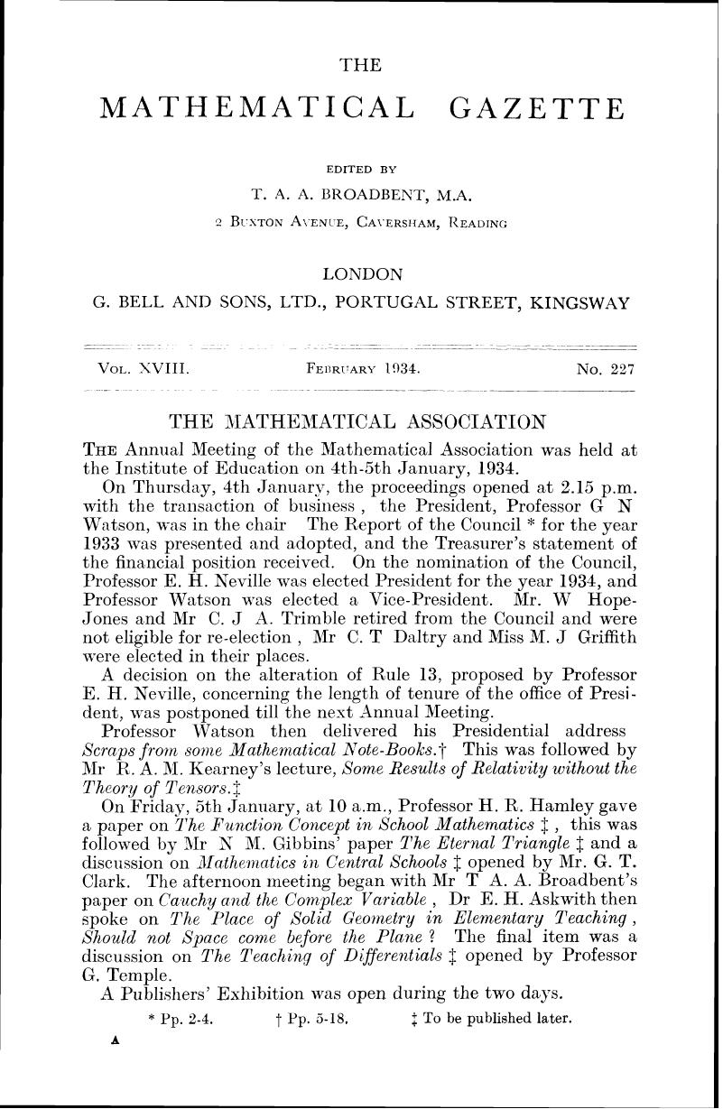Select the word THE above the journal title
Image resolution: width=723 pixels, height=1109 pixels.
(360, 64)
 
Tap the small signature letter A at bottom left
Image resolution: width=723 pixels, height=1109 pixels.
(115, 1039)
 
